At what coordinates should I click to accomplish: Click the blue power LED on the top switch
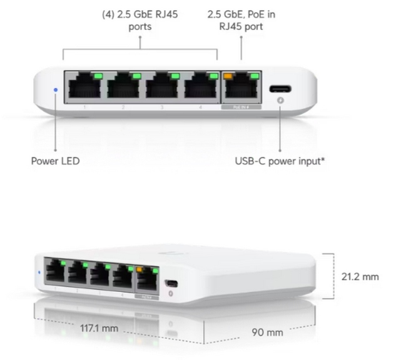tap(55, 90)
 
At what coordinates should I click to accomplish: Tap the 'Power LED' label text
tap(55, 161)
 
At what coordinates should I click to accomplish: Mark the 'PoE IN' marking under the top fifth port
tap(241, 107)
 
